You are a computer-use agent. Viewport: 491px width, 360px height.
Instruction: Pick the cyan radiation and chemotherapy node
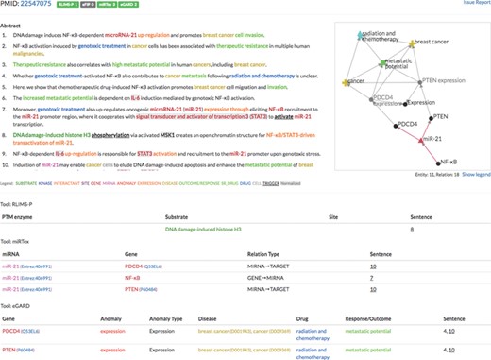[358, 35]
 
